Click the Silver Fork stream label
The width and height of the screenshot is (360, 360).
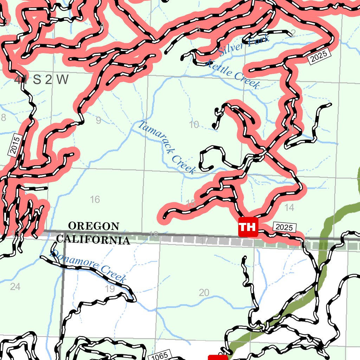click(x=244, y=46)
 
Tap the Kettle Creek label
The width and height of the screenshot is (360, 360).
click(x=233, y=74)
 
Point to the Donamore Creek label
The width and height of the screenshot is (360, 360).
click(x=88, y=266)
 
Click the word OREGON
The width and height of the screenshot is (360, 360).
click(x=94, y=226)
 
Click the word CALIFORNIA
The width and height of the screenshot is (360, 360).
click(x=93, y=240)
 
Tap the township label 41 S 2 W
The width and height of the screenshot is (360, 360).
click(x=41, y=80)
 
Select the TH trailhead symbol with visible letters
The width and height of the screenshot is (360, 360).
click(x=248, y=227)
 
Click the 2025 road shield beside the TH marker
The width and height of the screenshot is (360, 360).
click(x=284, y=227)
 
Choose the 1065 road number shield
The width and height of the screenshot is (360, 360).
click(x=160, y=356)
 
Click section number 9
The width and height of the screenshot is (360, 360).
click(x=98, y=121)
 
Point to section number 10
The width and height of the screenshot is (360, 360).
click(x=194, y=124)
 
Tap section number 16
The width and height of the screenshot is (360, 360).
click(x=95, y=200)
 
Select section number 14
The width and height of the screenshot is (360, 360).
click(x=289, y=208)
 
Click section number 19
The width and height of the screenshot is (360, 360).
click(x=110, y=289)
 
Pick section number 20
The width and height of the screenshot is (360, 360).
click(x=204, y=292)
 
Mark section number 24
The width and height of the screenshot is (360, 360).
click(x=15, y=287)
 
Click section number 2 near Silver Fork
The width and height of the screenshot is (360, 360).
click(x=293, y=33)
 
